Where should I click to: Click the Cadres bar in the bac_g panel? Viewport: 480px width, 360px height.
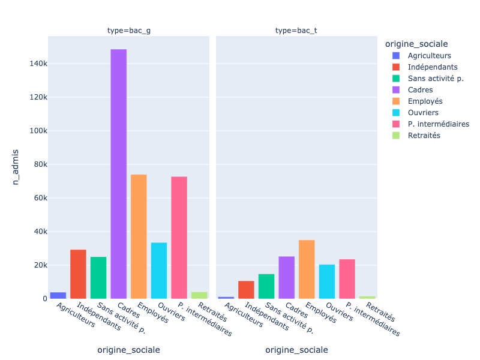118,174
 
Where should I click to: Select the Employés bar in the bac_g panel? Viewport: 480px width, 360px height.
139,236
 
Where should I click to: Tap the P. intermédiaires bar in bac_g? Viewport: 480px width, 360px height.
179,238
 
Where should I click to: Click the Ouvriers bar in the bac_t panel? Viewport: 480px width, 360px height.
327,281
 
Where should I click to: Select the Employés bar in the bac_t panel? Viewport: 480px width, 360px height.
307,269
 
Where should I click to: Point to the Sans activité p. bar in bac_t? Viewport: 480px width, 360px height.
266,286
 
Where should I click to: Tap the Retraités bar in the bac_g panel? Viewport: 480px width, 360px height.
199,295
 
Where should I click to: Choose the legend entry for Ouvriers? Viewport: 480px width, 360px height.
422,113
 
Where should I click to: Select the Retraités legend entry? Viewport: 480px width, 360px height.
424,136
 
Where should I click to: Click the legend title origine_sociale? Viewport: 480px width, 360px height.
417,44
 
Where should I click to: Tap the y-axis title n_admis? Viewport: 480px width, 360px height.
16,167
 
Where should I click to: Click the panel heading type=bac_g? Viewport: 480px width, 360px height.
129,30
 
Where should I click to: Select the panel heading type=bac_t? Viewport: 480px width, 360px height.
297,30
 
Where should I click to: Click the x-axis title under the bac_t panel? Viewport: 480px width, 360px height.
297,350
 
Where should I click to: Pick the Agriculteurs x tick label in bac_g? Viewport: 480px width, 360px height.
76,314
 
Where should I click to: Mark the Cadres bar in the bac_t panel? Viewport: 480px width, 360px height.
287,277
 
